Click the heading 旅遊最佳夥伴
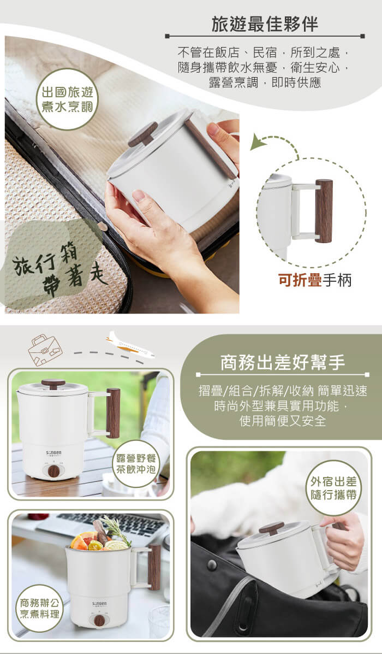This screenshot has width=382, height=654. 265,25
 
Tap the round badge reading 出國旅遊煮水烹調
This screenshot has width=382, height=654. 67,99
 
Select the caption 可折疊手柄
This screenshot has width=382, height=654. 315,280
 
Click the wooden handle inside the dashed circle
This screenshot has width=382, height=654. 324,211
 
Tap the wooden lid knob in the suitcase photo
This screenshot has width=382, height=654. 143,134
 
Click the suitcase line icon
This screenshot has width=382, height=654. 45,350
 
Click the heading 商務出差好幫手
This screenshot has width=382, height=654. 283,363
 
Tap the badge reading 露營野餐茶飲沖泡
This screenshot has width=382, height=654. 136,464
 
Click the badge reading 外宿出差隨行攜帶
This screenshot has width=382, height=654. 333,487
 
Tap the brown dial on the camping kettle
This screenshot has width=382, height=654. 53,472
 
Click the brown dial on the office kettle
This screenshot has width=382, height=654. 99,620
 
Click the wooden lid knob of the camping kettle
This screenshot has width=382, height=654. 53,384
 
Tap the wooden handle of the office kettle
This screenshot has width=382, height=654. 154,567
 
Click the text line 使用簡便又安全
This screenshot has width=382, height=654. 283,421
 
